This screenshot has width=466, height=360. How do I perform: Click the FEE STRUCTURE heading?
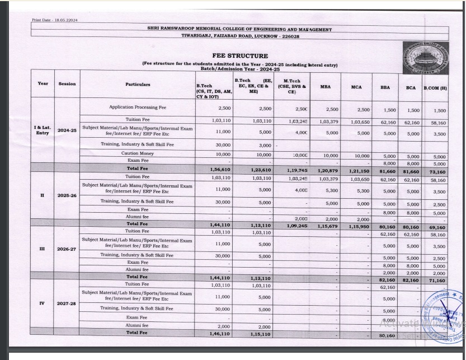point(240,56)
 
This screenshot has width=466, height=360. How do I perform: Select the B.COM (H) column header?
point(435,88)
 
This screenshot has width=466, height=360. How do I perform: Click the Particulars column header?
point(138,84)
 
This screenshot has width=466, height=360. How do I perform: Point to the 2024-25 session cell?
point(67,130)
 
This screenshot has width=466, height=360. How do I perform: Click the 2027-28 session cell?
point(67,303)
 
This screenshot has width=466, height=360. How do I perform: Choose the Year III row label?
point(43,248)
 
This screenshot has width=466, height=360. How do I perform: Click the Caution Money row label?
point(138,153)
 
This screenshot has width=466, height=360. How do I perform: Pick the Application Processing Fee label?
point(138,107)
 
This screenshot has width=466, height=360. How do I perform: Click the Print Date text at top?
point(55,20)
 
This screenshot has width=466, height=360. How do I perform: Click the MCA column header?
point(356,87)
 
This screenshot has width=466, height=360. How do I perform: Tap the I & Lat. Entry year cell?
point(43,130)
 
